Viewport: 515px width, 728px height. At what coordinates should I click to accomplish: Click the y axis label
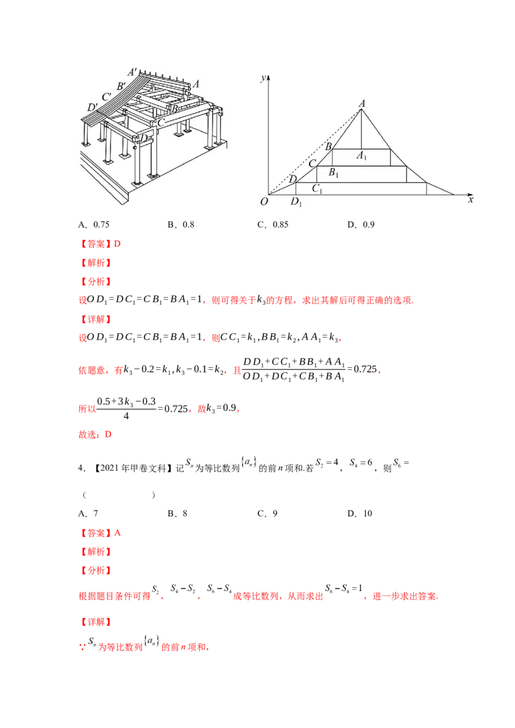(x=263, y=77)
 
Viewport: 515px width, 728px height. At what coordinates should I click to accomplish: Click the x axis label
(x=471, y=201)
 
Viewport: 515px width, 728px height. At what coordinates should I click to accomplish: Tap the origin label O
(x=264, y=202)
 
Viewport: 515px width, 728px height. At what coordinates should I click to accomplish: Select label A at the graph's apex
(x=362, y=103)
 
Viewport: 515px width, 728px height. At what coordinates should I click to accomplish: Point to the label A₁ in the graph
(x=362, y=155)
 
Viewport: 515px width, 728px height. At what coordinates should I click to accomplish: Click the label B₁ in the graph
(x=333, y=172)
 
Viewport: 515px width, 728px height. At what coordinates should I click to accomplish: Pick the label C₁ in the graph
(x=317, y=188)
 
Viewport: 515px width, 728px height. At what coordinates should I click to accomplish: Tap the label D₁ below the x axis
(x=295, y=203)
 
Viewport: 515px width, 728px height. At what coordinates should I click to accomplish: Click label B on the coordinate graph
(x=328, y=147)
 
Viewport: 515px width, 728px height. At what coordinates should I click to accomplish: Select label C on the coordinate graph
(x=312, y=163)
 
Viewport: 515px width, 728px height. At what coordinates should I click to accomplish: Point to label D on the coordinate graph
(x=293, y=179)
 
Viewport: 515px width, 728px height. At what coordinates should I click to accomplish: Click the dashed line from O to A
(x=315, y=152)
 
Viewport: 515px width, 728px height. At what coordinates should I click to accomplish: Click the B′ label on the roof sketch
(x=121, y=86)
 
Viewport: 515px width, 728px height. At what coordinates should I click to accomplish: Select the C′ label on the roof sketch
(x=108, y=96)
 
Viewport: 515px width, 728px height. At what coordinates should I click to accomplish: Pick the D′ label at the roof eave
(x=93, y=107)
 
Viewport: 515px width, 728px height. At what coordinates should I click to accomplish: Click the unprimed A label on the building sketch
(x=196, y=84)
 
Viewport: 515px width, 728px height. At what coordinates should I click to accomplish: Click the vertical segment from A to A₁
(x=362, y=129)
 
